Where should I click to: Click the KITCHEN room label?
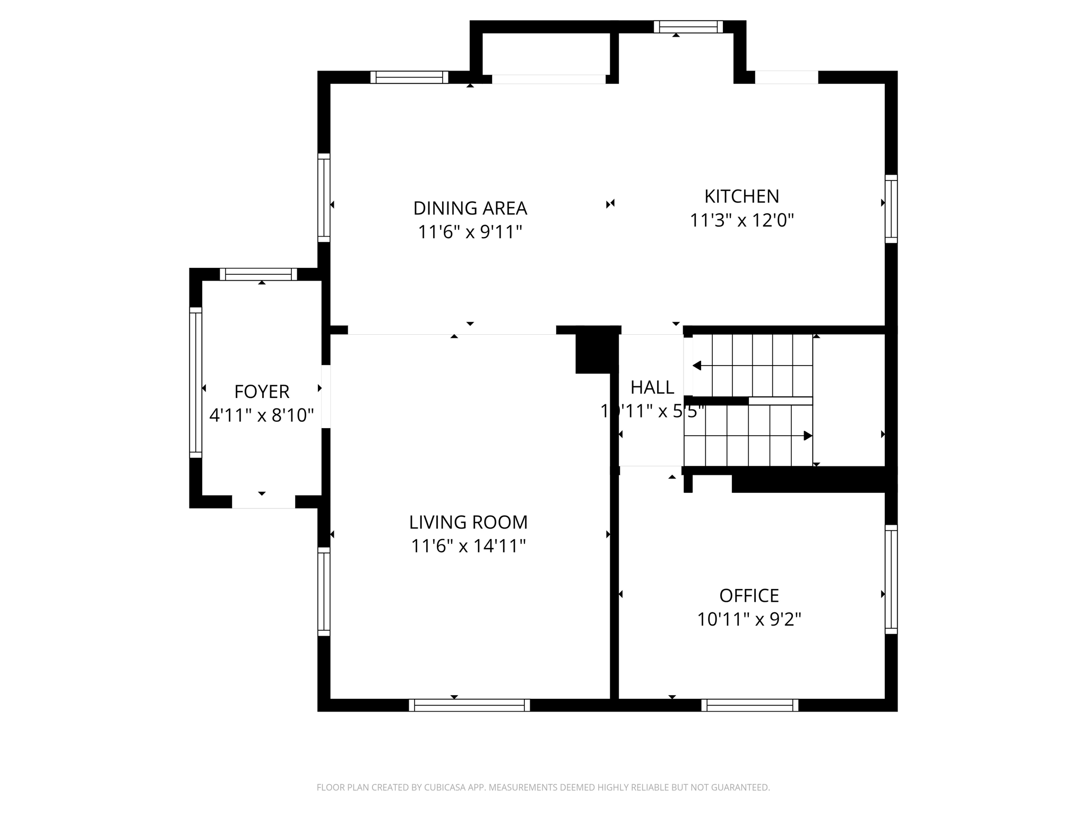pyautogui.click(x=741, y=196)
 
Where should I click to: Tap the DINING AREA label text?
pyautogui.click(x=470, y=208)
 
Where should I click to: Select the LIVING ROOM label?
pyautogui.click(x=468, y=522)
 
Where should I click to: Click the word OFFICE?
pyautogui.click(x=749, y=595)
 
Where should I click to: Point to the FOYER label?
pyautogui.click(x=262, y=392)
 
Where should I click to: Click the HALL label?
pyautogui.click(x=652, y=387)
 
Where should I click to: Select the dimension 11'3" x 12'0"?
pyautogui.click(x=741, y=220)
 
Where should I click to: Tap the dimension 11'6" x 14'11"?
pyautogui.click(x=468, y=546)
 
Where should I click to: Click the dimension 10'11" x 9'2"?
pyautogui.click(x=749, y=619)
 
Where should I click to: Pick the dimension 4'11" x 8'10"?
pyautogui.click(x=262, y=415)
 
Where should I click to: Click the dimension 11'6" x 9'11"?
pyautogui.click(x=470, y=232)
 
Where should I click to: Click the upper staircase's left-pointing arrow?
pyautogui.click(x=697, y=366)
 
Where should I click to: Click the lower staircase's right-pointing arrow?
pyautogui.click(x=807, y=436)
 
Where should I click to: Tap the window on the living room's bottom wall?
pyautogui.click(x=469, y=705)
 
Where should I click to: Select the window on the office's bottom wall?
pyautogui.click(x=749, y=705)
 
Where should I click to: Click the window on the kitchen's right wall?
pyautogui.click(x=891, y=209)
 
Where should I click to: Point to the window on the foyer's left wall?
pyautogui.click(x=195, y=382)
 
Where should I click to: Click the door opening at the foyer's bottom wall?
pyautogui.click(x=263, y=501)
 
